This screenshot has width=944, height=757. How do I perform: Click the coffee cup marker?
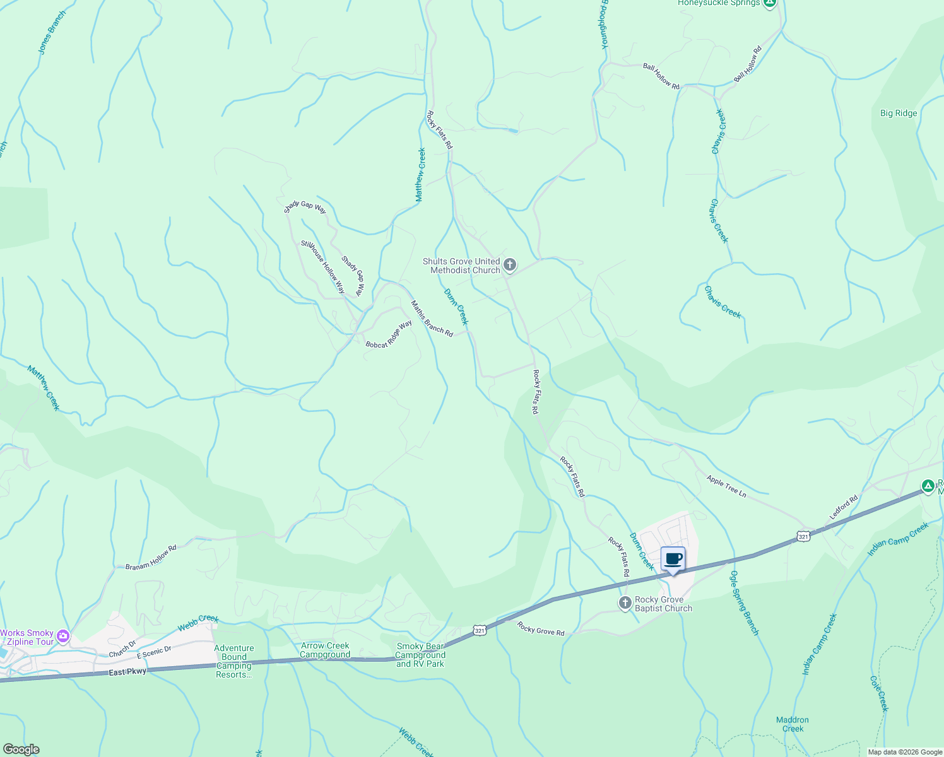(673, 559)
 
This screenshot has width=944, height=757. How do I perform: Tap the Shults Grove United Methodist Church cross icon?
(510, 265)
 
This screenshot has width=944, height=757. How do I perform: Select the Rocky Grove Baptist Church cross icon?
(625, 604)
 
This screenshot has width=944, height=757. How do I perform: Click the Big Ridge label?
(899, 114)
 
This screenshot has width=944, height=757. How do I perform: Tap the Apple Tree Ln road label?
(726, 487)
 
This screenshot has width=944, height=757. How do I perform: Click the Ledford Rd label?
(844, 508)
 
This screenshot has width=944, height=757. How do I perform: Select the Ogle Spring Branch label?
(744, 603)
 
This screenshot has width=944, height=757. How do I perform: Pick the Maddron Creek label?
(793, 724)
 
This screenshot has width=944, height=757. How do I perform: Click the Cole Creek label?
(879, 694)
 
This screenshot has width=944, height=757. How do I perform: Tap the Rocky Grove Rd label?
(541, 628)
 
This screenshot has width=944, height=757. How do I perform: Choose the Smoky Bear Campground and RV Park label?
(420, 655)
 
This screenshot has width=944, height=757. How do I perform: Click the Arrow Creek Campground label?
(325, 650)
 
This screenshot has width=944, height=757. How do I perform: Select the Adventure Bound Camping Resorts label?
(234, 661)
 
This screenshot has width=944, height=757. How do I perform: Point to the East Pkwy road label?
(127, 672)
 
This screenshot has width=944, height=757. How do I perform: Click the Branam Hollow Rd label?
(151, 558)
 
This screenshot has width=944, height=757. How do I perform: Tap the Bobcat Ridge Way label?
(389, 334)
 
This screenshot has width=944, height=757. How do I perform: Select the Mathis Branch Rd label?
(432, 319)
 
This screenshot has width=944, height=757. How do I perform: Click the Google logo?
(21, 749)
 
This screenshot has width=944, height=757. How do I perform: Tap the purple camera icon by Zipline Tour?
(62, 637)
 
